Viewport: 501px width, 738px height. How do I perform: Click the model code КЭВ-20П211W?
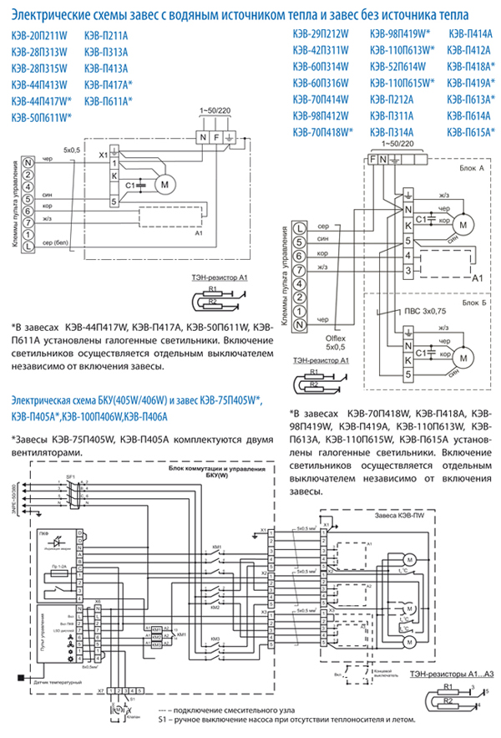41,35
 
